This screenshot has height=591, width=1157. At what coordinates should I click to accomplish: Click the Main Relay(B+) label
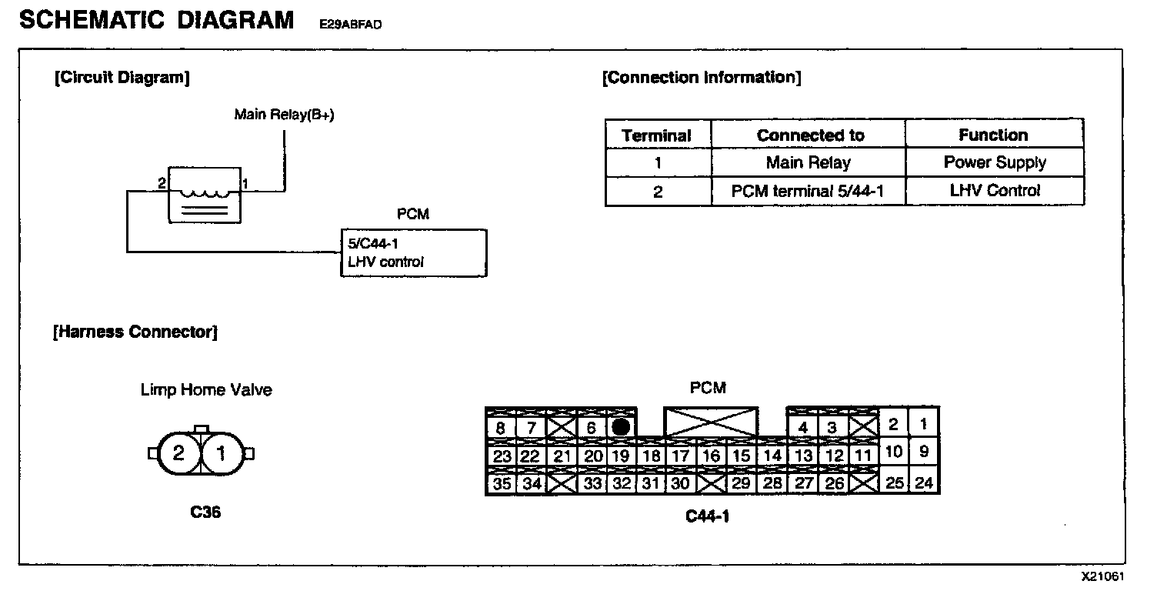click(284, 115)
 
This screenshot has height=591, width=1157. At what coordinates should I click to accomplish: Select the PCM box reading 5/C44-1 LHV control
click(413, 252)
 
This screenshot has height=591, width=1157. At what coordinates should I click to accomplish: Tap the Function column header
click(993, 135)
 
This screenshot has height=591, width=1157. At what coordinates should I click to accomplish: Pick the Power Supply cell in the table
click(995, 163)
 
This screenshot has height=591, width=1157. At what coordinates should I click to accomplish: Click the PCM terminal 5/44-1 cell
click(808, 192)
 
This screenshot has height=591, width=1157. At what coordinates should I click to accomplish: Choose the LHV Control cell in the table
click(995, 192)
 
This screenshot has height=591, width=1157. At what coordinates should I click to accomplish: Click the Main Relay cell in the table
click(808, 163)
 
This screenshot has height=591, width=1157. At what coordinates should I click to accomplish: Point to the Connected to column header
click(810, 135)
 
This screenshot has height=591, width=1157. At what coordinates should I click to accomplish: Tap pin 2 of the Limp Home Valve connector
click(178, 453)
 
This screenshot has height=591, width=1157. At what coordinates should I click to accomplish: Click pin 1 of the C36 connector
click(222, 453)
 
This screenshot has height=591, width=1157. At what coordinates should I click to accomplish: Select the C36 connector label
click(205, 512)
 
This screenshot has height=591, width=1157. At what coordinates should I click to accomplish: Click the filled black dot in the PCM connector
click(621, 427)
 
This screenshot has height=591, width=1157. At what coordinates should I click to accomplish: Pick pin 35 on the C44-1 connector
click(502, 484)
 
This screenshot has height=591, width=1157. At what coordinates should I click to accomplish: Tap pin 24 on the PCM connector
click(925, 482)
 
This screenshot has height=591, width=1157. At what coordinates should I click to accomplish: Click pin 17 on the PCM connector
click(680, 456)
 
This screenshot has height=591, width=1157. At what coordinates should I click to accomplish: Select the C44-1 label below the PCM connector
click(707, 516)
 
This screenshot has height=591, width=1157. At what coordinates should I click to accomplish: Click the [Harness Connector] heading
click(135, 332)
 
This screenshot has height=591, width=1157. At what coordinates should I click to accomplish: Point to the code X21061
click(1103, 577)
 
